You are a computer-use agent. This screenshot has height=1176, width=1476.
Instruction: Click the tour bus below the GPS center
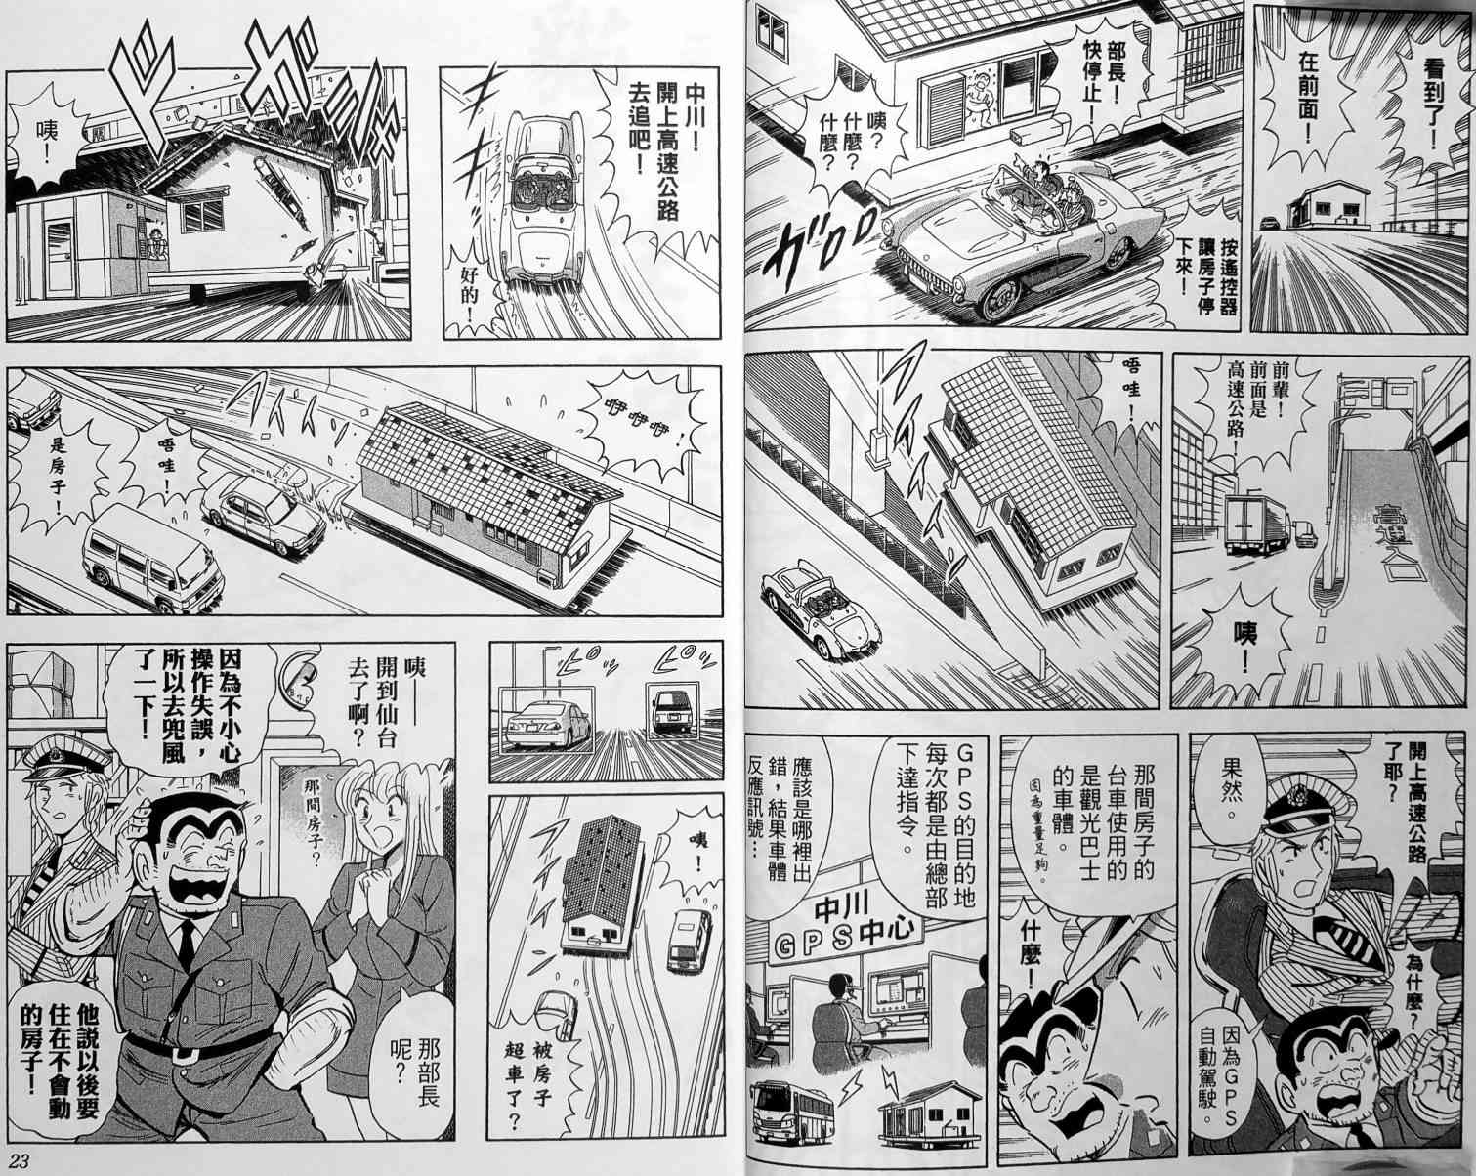(x=788, y=1109)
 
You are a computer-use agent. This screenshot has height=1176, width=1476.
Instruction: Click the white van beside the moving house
(x=147, y=556)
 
